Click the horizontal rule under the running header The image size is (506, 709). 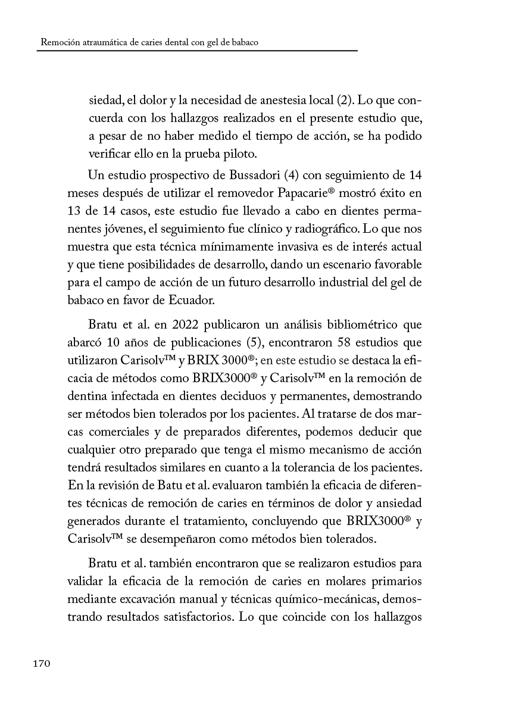point(196,51)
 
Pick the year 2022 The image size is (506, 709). point(189,325)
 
